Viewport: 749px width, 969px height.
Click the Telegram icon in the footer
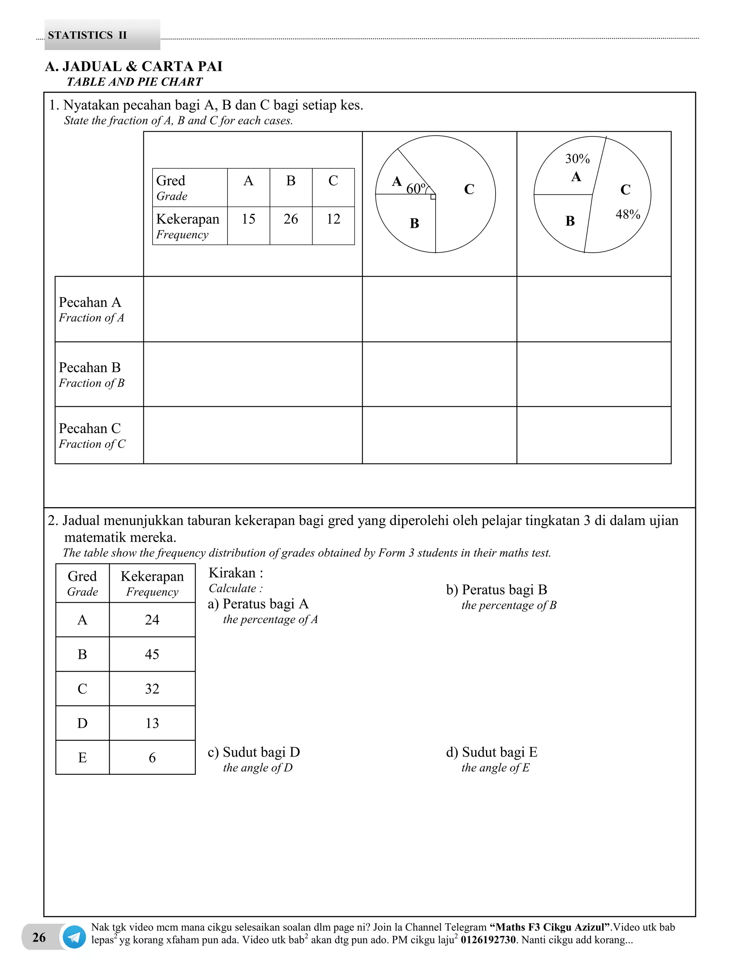coord(74,937)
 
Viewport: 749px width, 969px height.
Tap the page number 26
coord(39,937)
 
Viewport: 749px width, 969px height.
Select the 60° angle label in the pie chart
coord(416,189)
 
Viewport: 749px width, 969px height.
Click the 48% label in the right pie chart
coord(628,215)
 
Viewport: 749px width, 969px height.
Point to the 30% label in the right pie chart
coord(577,159)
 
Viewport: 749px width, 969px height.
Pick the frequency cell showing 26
coord(291,219)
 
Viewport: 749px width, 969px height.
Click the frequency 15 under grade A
coord(248,219)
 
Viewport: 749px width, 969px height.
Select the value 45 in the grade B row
coord(152,654)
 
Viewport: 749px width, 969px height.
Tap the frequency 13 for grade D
coord(152,723)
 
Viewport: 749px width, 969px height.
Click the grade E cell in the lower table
coord(83,757)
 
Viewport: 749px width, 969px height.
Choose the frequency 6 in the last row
coord(152,757)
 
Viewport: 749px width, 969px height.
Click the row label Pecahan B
coord(90,368)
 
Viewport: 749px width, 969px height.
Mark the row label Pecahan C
coord(90,429)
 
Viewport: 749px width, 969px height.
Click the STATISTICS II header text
coord(87,35)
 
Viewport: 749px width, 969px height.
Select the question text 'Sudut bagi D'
coord(261,752)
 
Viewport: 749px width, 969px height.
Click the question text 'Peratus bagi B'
coord(504,590)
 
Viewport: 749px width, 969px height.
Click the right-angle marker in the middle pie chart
coord(433,197)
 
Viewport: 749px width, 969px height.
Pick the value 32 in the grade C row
coord(152,689)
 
